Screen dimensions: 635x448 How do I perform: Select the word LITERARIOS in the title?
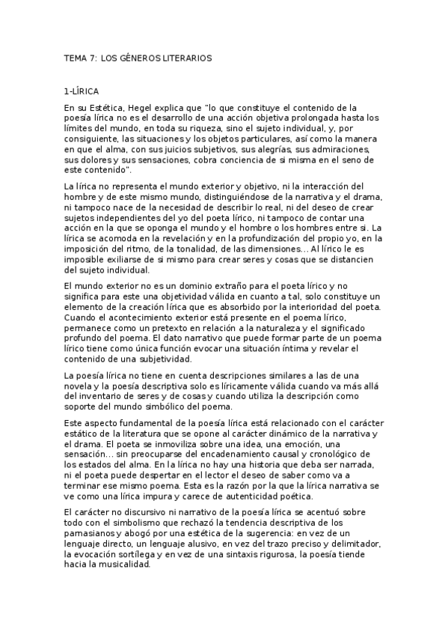tap(185, 57)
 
